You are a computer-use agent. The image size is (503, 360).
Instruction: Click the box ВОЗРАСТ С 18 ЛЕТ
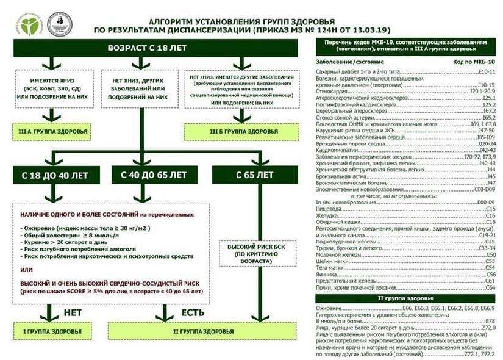coord(155,47)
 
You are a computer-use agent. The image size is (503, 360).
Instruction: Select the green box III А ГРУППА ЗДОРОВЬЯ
coord(52,131)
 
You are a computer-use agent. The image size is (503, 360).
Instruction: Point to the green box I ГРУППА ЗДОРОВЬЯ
coord(52,332)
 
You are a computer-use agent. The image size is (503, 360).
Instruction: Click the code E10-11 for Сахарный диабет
coord(483,72)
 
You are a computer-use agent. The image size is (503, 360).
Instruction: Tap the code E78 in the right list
coord(490,322)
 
